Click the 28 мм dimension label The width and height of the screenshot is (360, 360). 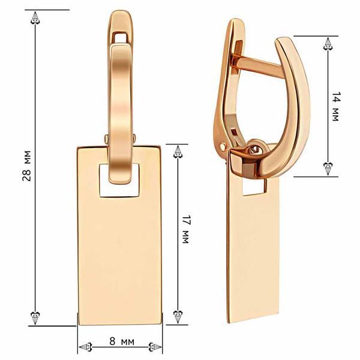click(27, 166)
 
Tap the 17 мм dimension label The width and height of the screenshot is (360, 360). click(185, 229)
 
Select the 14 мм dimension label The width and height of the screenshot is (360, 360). click(335, 107)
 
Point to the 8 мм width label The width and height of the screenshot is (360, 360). click(122, 341)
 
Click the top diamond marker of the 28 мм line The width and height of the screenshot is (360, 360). click(35, 17)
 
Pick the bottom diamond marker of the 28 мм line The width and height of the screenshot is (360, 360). click(35, 318)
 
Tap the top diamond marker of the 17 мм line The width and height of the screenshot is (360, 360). click(178, 152)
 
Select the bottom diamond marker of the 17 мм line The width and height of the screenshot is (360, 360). click(178, 317)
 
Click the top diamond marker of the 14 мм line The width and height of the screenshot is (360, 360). click(328, 44)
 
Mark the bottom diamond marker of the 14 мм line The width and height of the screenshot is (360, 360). click(328, 169)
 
